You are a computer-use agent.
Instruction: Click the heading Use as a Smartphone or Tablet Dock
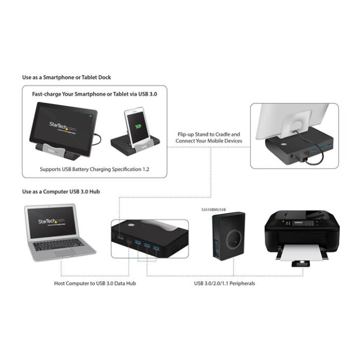66,78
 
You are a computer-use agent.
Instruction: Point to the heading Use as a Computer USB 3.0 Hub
61,191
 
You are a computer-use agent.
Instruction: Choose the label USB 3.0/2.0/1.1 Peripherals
225,283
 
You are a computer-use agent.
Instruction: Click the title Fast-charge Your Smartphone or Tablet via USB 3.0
94,94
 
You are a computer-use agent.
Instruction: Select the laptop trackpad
64,253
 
